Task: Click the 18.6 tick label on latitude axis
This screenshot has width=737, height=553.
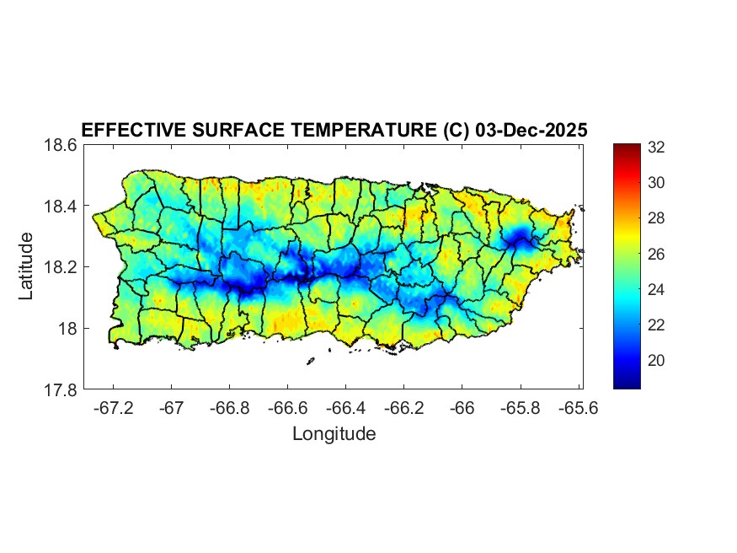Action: pos(61,145)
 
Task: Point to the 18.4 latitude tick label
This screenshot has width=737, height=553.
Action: pos(61,207)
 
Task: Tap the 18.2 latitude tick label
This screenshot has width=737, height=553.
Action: pos(61,267)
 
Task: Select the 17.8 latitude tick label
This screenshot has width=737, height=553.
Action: pos(61,389)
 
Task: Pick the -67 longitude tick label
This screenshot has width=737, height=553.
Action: pos(172,409)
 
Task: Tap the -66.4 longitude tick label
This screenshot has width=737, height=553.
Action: pos(346,409)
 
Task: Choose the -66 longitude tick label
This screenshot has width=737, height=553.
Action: pos(462,409)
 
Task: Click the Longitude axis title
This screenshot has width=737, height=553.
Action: pos(334,434)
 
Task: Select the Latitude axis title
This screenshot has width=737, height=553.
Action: pos(27,266)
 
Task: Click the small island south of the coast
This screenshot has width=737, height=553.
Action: pos(310,361)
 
